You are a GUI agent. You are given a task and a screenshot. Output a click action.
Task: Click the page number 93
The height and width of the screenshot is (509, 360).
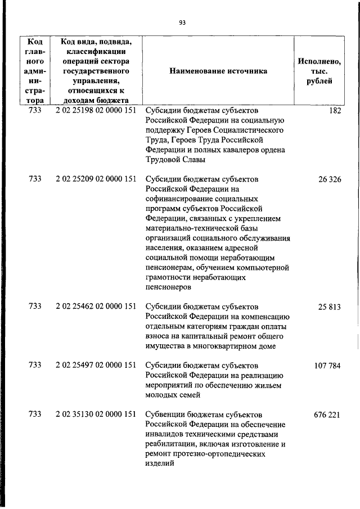(182, 23)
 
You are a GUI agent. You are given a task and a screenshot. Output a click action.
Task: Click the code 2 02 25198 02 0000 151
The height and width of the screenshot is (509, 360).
(96, 111)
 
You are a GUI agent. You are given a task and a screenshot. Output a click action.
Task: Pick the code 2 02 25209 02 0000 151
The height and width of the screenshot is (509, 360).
(96, 179)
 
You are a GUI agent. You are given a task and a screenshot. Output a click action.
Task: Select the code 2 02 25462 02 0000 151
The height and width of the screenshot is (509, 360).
(96, 307)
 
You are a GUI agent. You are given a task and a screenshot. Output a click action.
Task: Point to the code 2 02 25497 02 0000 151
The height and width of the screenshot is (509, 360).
(96, 365)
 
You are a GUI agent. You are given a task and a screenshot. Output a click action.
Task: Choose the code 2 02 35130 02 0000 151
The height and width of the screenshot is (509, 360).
(96, 414)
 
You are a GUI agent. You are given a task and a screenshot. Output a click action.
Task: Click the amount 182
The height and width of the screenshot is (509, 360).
(335, 111)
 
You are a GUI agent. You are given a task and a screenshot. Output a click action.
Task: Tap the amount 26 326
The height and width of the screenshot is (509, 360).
(330, 179)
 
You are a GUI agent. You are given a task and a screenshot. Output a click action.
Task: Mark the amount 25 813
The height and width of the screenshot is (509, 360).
(330, 307)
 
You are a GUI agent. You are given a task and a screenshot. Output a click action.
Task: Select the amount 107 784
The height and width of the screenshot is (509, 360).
(327, 365)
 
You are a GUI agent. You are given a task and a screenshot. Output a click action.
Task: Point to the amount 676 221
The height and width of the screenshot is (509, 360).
(327, 414)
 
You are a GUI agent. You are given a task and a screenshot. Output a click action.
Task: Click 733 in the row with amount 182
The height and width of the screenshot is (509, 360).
(34, 111)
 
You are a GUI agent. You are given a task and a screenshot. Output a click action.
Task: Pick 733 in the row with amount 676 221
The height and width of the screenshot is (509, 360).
(34, 414)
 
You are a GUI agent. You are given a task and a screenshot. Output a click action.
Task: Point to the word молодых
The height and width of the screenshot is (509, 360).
(163, 395)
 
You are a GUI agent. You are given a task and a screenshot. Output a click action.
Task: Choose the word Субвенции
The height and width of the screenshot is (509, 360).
(165, 414)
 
